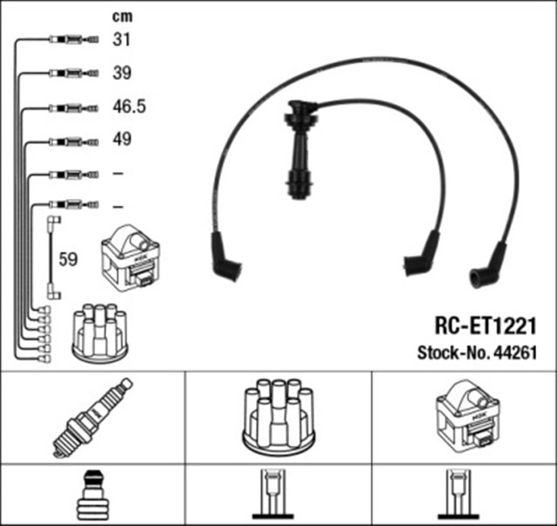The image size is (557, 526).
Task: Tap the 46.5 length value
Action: (x=128, y=108)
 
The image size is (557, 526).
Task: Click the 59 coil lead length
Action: (x=67, y=259)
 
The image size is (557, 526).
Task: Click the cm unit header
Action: (x=123, y=16)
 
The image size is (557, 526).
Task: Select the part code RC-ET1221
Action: (x=483, y=324)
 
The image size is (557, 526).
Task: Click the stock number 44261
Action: (x=515, y=353)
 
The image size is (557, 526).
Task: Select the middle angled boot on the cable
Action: (x=422, y=256)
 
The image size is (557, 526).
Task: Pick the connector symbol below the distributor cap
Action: (x=277, y=495)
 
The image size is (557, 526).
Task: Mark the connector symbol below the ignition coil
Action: (x=463, y=495)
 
